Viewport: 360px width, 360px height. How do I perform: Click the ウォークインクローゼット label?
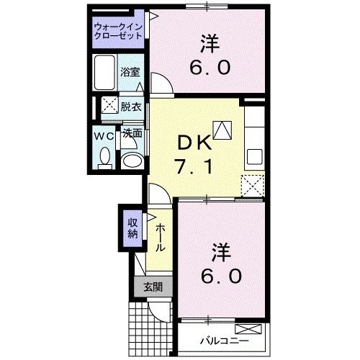[117, 32]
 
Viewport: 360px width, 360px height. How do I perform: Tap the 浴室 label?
[130, 73]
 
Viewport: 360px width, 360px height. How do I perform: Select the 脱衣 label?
[130, 105]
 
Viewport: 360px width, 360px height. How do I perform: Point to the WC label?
[103, 135]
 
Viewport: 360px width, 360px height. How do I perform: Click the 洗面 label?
[131, 133]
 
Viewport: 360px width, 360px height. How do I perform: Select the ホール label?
[160, 236]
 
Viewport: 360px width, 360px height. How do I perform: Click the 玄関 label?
[153, 287]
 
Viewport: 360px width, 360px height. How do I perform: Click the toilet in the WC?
[104, 156]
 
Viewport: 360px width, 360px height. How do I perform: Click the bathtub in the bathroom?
[105, 70]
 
